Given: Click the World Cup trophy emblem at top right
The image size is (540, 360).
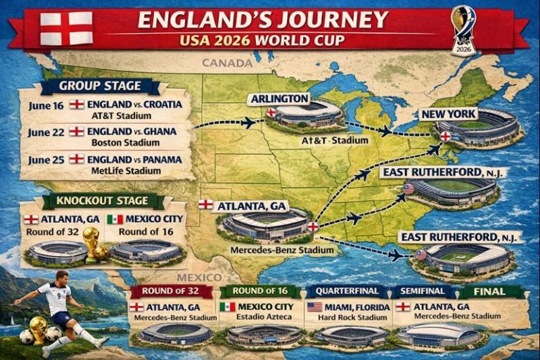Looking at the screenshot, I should pos(463,28).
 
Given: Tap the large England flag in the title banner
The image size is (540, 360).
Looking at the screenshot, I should pos(66,28).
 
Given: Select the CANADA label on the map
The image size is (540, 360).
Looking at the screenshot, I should pos(226,63).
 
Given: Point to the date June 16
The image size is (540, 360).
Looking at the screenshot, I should pos(46,105).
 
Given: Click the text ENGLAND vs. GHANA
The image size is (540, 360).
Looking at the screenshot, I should pos(131,131).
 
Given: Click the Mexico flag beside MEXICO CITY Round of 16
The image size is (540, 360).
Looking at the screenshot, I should pos(115,219).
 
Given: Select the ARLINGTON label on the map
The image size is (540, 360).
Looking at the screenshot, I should pos(280,98).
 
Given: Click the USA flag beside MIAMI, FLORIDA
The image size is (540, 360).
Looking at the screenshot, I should pos(314,307).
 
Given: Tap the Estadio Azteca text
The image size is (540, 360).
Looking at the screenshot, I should pos(260,318).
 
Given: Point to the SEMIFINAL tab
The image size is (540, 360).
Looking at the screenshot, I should pos(422,291).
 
